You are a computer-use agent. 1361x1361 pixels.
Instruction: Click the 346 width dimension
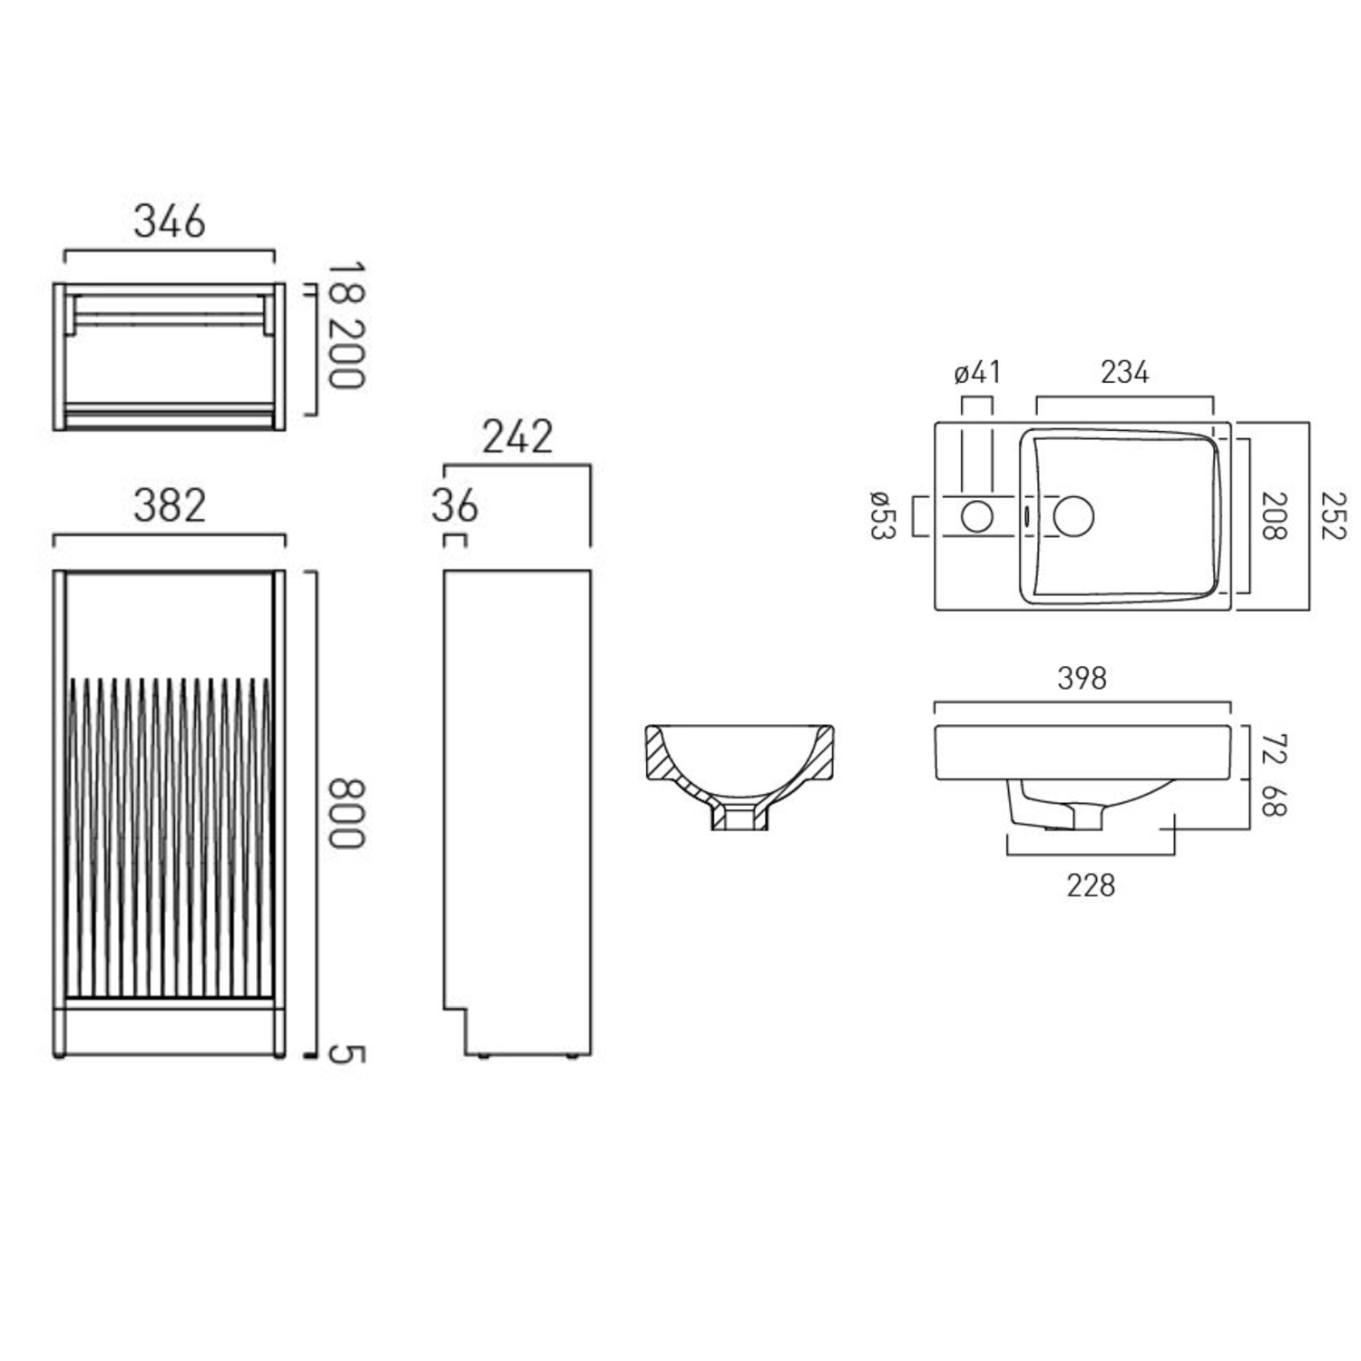coord(170,221)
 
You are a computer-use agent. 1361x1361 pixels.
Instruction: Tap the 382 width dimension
coord(170,506)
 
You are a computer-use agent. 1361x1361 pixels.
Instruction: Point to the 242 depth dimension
coord(517,437)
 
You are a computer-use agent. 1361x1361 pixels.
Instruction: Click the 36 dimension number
coord(455,506)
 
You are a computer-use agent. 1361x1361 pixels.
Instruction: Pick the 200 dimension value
coord(346,354)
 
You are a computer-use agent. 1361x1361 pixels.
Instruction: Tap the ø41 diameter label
coord(977,372)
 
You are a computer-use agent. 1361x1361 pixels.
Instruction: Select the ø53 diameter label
coord(882,514)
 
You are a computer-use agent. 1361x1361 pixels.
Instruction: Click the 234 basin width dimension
coord(1124,372)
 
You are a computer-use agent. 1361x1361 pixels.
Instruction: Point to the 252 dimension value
coord(1333,515)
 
